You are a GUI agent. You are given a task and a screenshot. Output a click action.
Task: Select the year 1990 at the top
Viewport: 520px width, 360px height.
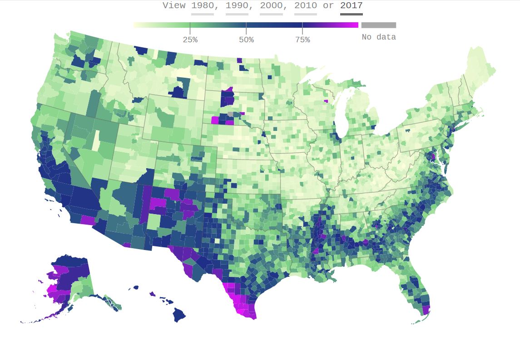coord(237,5)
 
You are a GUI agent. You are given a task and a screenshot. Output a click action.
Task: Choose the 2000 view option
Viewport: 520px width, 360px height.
coord(271,5)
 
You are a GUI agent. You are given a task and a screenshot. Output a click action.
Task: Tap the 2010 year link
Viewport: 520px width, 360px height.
coord(306,5)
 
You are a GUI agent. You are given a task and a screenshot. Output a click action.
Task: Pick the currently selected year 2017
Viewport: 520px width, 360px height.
coord(351,5)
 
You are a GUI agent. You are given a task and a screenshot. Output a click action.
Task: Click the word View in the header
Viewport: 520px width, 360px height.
coord(174,5)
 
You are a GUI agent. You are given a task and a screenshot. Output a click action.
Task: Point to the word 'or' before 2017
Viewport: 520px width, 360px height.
coord(329,5)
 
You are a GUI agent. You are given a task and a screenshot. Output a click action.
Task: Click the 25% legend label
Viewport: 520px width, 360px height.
coord(190,40)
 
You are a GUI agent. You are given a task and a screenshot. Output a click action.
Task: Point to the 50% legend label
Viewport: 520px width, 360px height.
coord(246,40)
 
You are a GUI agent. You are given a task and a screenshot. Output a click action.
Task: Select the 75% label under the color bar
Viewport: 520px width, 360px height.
coord(302,40)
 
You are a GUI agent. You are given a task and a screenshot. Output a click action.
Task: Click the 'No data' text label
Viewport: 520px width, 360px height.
coord(379,37)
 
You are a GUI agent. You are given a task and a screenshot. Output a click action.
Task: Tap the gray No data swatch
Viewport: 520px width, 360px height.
coord(379,25)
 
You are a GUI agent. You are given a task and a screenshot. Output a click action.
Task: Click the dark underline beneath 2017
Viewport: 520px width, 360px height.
coord(351,14)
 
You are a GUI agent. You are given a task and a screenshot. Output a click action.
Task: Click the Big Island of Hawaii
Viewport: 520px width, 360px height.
coord(179,314)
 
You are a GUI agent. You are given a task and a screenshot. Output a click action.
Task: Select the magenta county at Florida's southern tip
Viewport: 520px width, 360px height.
coord(426,310)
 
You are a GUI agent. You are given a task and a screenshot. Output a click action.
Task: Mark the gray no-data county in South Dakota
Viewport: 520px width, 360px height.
coord(231,115)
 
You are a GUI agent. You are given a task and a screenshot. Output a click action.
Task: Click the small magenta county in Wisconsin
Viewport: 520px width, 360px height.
coord(326,100)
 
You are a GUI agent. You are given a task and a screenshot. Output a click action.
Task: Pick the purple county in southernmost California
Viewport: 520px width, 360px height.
coord(87,220)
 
